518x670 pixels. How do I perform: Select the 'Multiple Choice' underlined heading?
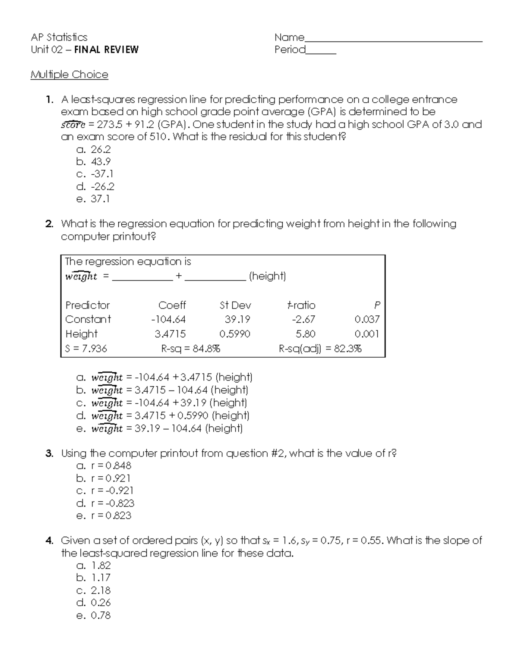(x=69, y=75)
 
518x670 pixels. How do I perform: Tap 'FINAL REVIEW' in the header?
(x=106, y=50)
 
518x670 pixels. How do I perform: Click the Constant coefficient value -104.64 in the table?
(x=168, y=320)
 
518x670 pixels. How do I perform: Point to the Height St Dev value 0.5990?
(x=234, y=334)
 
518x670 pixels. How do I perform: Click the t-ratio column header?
(x=301, y=305)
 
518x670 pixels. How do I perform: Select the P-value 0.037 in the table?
(x=367, y=320)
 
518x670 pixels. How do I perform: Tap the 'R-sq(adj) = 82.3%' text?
(x=320, y=349)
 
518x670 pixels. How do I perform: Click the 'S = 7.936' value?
(x=86, y=349)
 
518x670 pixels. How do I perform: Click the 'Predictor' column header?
(x=88, y=305)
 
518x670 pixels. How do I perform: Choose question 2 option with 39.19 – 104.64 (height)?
(x=167, y=428)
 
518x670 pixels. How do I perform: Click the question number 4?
(x=49, y=541)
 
